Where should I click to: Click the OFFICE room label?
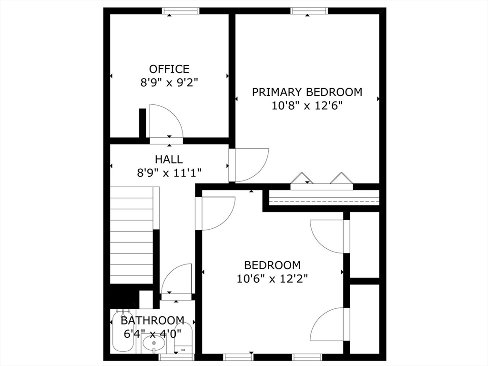point(169,69)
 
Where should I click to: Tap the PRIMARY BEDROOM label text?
point(307,92)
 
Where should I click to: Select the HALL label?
point(168,159)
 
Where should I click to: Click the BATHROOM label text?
point(152,320)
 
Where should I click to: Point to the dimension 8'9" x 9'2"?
point(169,82)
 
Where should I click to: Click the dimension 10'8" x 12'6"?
point(307,105)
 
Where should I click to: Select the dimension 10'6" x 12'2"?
point(272,278)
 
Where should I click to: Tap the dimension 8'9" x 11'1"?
point(168,172)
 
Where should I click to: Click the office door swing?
point(164,121)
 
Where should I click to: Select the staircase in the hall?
point(131,236)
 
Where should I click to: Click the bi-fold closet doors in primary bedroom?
point(322,180)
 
